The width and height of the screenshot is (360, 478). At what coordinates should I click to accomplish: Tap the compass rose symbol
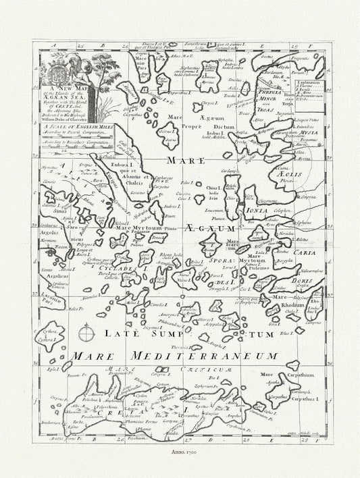click(86, 333)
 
